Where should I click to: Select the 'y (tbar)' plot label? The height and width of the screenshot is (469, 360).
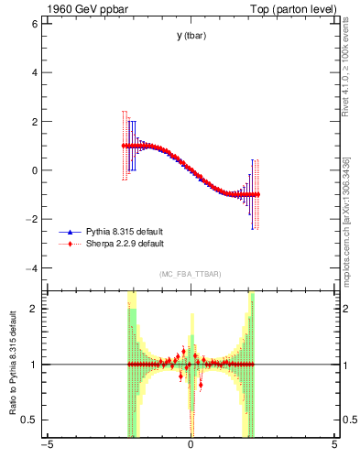[x=191, y=36]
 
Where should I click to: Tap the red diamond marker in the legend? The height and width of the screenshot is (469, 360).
[x=71, y=245]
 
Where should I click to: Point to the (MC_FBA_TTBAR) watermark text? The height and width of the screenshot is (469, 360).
[x=190, y=275]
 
